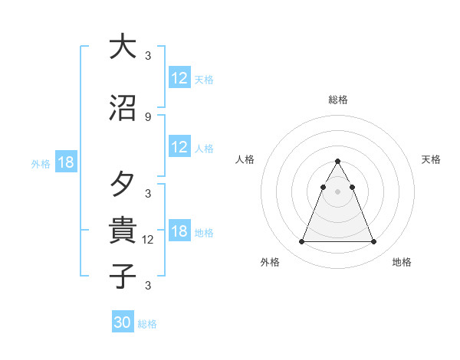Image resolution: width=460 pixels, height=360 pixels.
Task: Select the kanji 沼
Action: coord(123,109)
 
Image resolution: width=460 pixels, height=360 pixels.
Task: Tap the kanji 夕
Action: coord(123,185)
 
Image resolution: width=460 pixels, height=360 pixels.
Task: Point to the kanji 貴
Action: coord(123,229)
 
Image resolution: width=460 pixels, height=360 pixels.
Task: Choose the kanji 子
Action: coord(123,275)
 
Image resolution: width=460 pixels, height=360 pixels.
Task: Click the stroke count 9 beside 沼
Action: coord(147,116)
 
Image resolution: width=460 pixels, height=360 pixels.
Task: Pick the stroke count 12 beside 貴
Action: coord(149,239)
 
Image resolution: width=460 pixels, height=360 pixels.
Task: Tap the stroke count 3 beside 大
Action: coord(147,55)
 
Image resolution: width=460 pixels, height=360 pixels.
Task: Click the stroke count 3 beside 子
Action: coord(147,285)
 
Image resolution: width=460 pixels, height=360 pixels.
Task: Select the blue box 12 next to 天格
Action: coord(179,78)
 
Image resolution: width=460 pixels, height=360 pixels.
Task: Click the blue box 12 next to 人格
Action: coord(179,147)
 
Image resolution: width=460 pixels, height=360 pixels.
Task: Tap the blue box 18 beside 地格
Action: coord(179,231)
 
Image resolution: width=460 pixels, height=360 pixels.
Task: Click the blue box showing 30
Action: coord(123,322)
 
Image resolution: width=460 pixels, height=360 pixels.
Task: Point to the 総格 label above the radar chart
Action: coord(337,100)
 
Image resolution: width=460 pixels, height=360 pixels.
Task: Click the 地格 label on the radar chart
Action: coord(402,262)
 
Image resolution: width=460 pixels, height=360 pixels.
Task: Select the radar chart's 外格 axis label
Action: coord(270,262)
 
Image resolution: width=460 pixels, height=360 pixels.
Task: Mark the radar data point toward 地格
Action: coord(373,242)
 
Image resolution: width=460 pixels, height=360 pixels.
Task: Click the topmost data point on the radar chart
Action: coord(337,161)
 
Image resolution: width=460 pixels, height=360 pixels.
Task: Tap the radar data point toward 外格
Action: coord(301,242)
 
